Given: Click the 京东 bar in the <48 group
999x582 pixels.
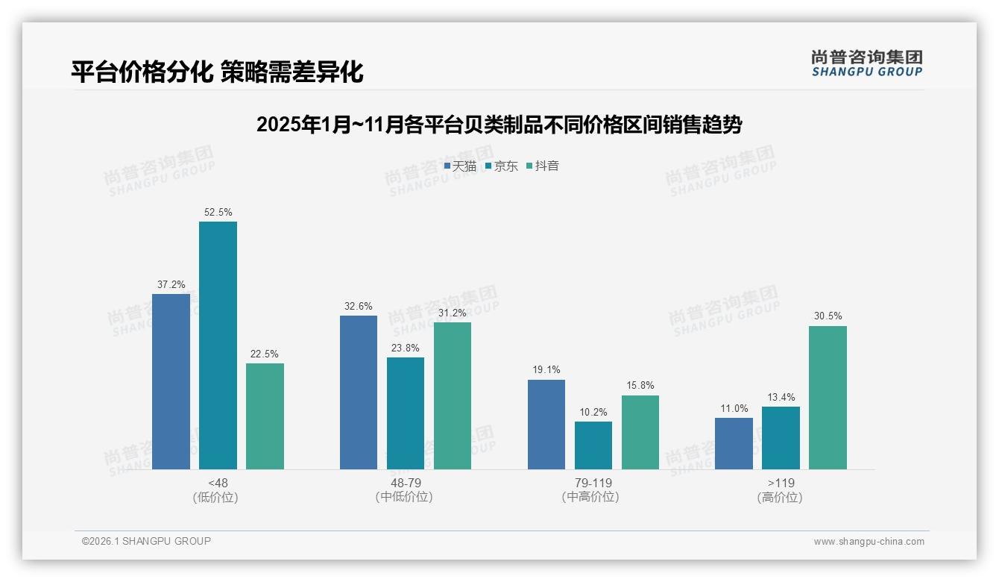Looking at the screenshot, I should (x=218, y=345).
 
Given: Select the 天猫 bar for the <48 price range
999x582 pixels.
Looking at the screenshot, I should (x=171, y=381).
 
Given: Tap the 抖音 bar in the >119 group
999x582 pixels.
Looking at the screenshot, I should (x=828, y=397).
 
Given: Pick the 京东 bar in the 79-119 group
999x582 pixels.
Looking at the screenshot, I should (x=593, y=445).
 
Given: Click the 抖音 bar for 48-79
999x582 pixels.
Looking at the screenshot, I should (x=452, y=395).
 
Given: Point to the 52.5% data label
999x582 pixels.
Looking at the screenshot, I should (x=218, y=213).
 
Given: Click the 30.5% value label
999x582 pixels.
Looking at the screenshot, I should (x=828, y=316).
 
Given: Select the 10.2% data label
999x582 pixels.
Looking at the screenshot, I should (x=593, y=412).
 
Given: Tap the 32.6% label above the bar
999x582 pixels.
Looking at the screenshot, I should (x=359, y=307).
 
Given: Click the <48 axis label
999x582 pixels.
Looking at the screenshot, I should (x=218, y=483).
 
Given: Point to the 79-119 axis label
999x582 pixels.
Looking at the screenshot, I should (x=593, y=483).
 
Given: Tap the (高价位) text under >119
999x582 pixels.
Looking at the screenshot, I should (x=780, y=498).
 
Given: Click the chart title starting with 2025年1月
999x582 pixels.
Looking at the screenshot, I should (x=499, y=125).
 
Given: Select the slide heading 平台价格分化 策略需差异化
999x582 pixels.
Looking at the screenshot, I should (x=217, y=72).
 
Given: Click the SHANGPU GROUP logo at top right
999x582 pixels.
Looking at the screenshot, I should (x=866, y=63).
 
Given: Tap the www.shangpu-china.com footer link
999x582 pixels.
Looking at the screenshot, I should (x=869, y=542).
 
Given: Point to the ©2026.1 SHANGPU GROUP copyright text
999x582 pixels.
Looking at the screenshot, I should (x=146, y=541).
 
